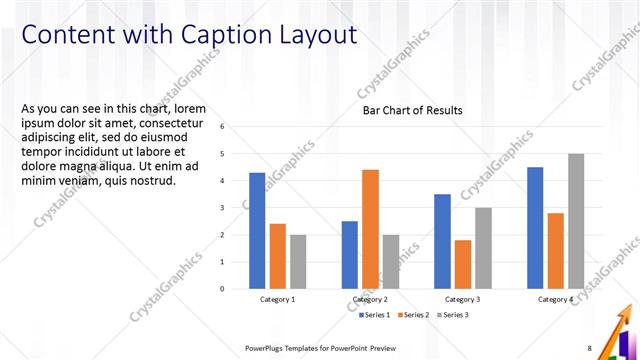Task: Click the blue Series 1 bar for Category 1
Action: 257,230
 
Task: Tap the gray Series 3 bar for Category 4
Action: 576,221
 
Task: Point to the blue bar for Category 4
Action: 535,227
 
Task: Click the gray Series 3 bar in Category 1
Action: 298,261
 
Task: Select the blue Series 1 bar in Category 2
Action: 349,254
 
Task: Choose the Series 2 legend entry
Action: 413,315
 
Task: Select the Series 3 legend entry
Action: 451,315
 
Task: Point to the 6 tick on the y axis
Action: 236,127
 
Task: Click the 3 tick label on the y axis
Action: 236,208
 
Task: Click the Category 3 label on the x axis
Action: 462,299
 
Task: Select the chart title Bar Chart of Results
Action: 412,110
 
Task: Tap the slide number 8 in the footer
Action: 590,347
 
